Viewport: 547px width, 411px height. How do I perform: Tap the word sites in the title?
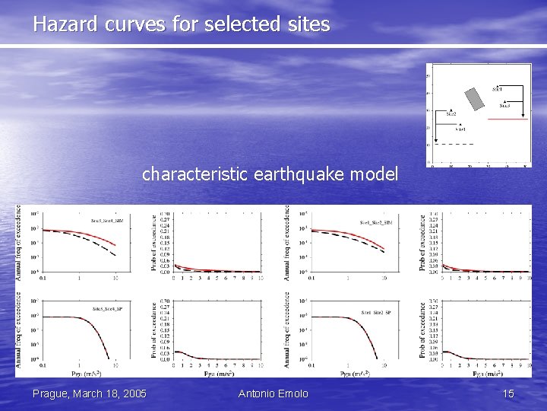click(308, 24)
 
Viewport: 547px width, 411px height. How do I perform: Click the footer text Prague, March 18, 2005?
click(90, 393)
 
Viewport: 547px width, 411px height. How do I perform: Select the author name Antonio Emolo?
click(273, 393)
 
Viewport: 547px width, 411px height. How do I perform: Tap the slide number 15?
click(508, 393)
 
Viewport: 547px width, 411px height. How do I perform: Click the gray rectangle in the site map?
click(475, 98)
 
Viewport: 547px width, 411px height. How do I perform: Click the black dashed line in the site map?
click(454, 144)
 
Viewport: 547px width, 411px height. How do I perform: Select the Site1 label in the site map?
click(497, 90)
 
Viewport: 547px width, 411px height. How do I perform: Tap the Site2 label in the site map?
click(451, 113)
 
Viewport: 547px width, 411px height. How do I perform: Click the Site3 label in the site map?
click(504, 106)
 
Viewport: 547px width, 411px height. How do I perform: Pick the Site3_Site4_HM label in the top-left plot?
click(107, 221)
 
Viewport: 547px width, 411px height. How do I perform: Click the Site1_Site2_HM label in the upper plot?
click(376, 222)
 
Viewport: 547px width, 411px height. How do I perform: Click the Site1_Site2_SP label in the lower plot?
click(376, 312)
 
